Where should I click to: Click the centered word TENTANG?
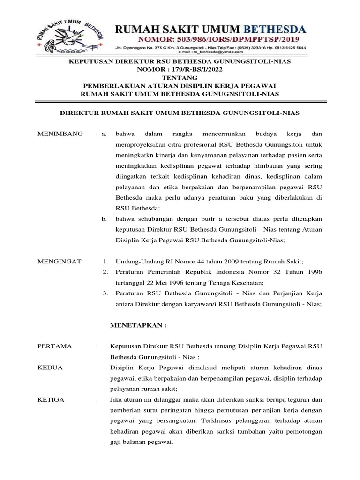pyautogui.click(x=180, y=78)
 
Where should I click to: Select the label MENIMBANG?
pyautogui.click(x=60, y=134)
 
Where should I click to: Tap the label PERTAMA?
pyautogui.click(x=54, y=346)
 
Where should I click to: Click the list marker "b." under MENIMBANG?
pyautogui.click(x=105, y=218)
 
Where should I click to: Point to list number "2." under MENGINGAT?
pyautogui.click(x=105, y=272)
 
